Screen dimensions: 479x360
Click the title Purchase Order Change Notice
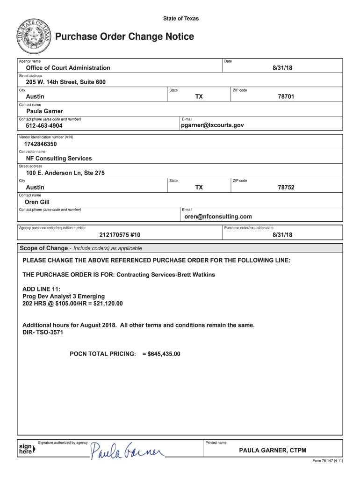124,36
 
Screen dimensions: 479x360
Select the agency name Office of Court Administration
68,68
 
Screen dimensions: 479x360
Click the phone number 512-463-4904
44,126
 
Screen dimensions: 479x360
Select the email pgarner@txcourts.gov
212,125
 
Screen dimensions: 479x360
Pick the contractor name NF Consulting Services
59,159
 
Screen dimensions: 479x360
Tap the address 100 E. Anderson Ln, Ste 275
65,173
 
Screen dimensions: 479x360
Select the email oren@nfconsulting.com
218,217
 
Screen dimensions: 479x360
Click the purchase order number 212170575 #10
120,235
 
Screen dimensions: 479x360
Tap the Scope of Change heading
43,248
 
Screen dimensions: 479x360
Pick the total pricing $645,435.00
164,354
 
